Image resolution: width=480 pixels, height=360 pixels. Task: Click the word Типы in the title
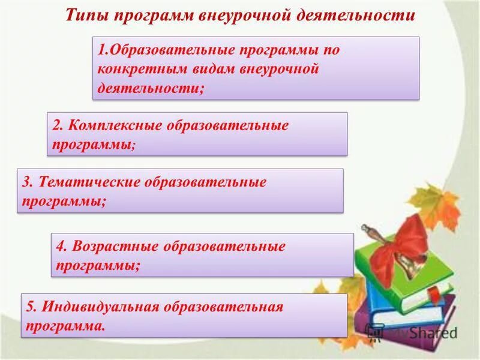pyautogui.click(x=85, y=15)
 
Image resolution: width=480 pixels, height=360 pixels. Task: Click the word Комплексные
pyautogui.click(x=112, y=126)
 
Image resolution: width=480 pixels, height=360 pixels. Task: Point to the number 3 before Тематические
pyautogui.click(x=26, y=182)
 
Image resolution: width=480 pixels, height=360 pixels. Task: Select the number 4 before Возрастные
pyautogui.click(x=61, y=247)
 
